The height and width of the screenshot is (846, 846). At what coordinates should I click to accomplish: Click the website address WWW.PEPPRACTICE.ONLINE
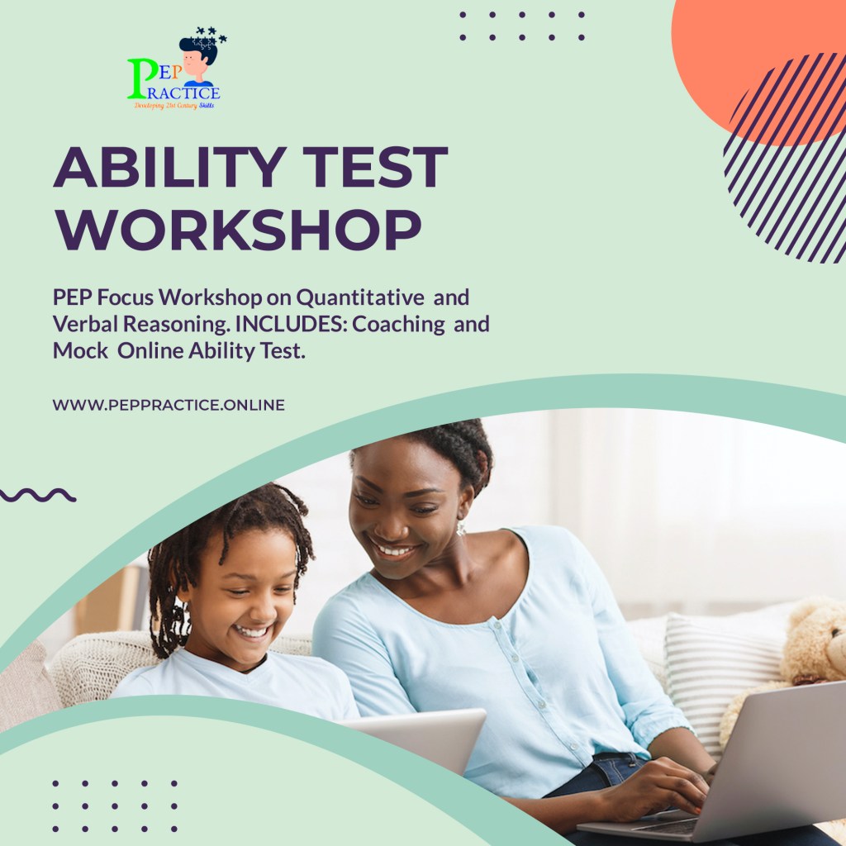tap(169, 405)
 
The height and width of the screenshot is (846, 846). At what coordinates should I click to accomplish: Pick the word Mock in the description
tap(79, 350)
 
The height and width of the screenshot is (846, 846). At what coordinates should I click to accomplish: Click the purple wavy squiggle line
tap(38, 495)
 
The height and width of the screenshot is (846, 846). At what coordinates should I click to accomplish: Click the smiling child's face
tap(240, 603)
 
